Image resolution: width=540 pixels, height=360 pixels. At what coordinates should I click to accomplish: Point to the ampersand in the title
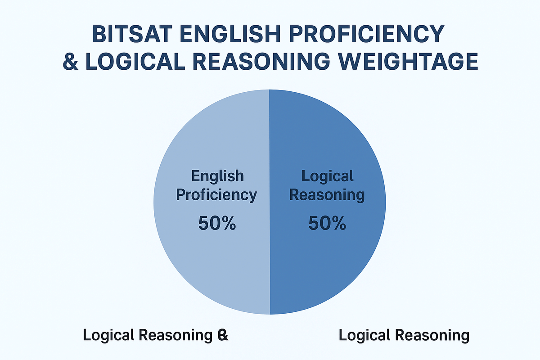point(71,62)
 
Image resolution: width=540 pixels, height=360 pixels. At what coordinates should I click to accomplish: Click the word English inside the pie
point(217,175)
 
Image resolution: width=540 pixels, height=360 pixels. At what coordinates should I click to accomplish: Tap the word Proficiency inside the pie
point(216,195)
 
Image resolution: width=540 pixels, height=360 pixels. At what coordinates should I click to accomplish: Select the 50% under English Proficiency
point(217,224)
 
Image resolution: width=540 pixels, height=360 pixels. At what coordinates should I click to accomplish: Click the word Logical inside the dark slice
point(328,175)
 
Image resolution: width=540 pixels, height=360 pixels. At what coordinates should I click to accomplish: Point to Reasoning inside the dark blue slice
point(327,195)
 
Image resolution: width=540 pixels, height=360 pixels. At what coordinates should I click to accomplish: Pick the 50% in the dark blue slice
point(327,224)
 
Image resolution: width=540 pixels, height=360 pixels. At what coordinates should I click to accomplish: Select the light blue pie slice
point(202,261)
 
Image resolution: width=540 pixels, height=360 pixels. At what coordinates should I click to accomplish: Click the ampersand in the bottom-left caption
point(222,335)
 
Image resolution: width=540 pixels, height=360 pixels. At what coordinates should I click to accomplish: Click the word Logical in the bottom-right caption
point(365,335)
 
